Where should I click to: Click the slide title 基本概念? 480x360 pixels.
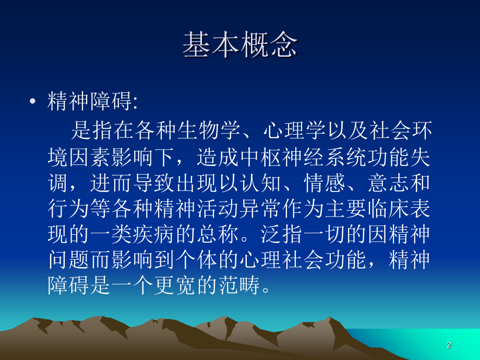[x=240, y=46]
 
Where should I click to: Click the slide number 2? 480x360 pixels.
[x=449, y=345]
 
